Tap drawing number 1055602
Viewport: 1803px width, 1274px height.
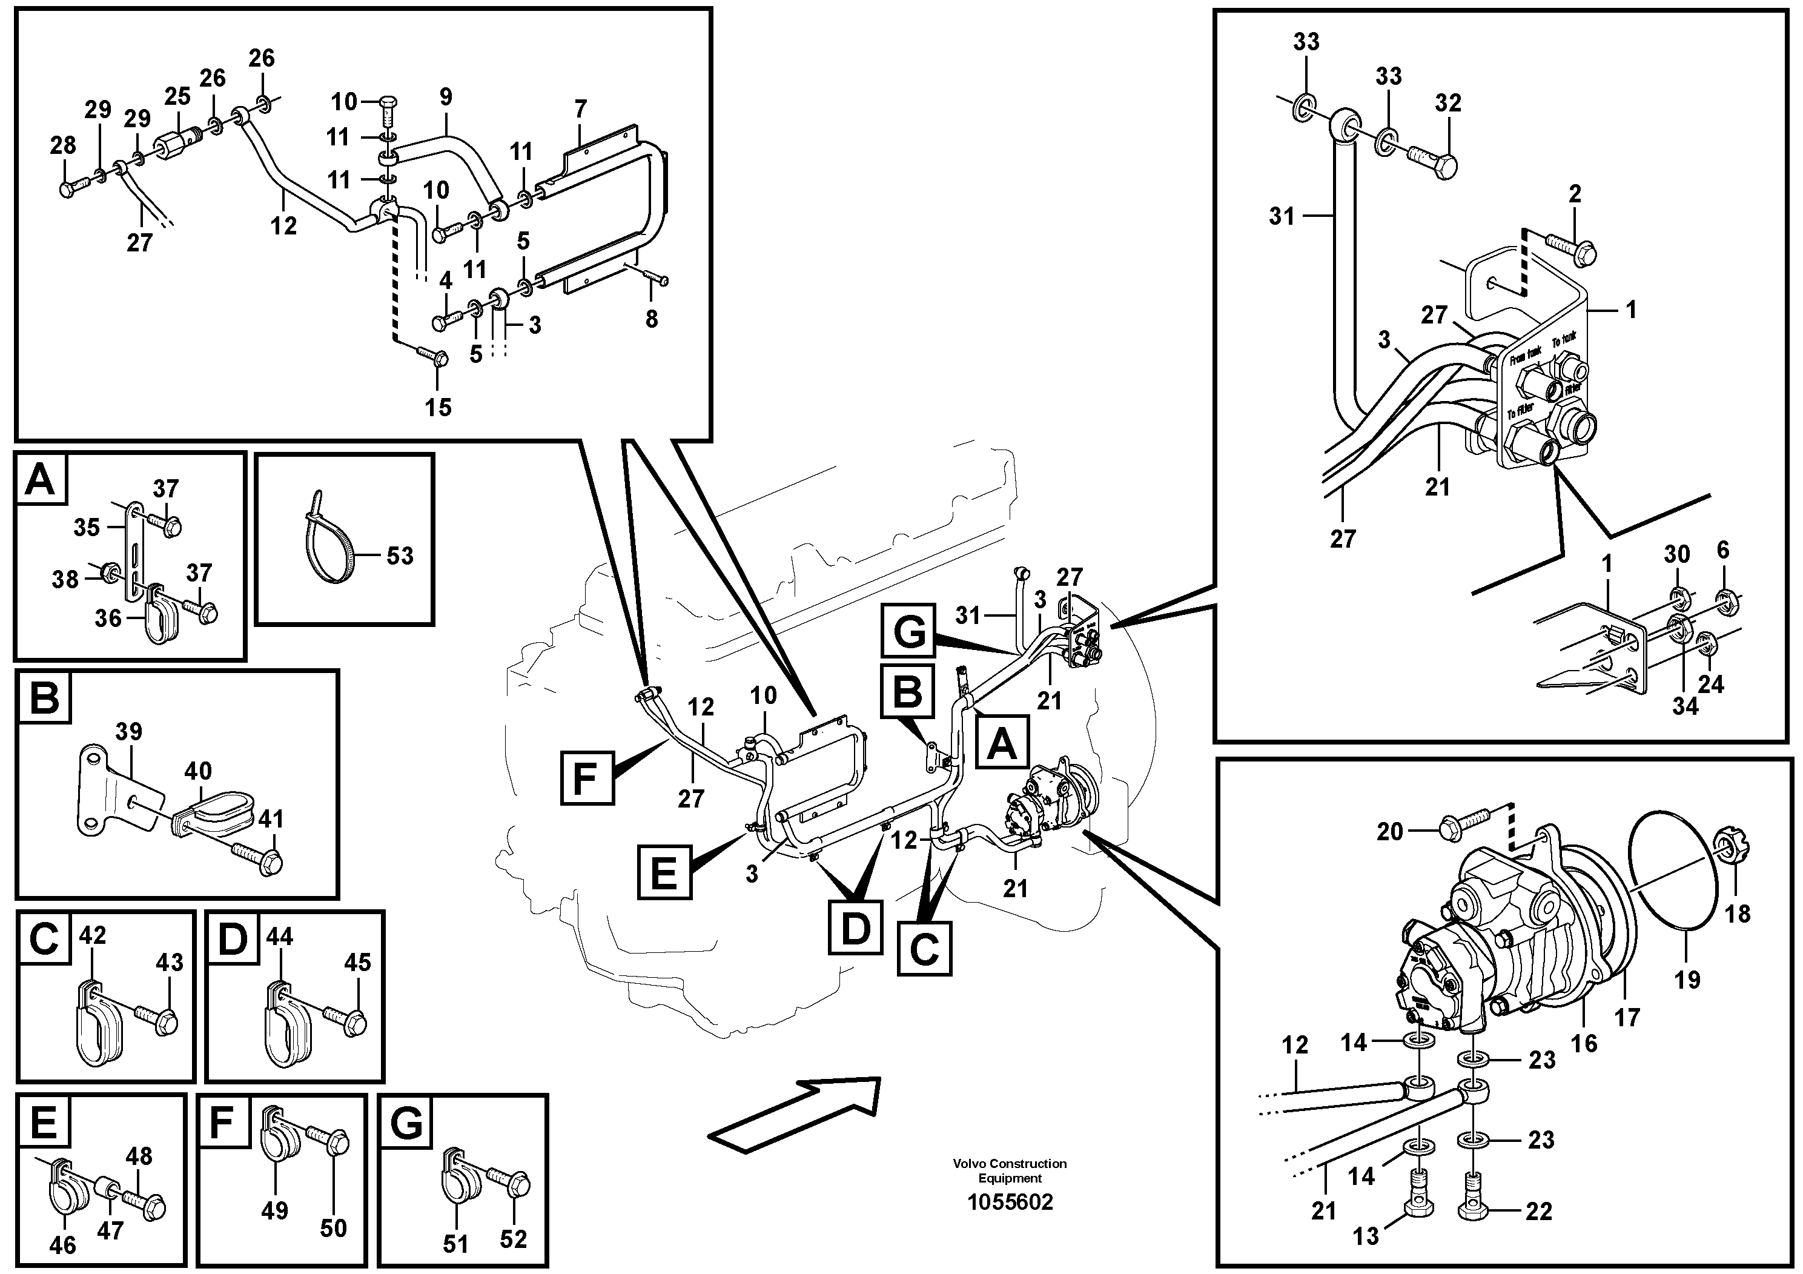click(1010, 1203)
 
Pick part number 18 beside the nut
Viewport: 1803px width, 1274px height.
click(1736, 914)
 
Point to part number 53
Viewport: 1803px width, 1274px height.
click(400, 556)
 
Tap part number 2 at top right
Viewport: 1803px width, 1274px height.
click(1575, 193)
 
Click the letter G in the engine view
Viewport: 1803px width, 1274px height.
click(908, 631)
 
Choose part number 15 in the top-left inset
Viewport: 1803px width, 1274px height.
click(438, 407)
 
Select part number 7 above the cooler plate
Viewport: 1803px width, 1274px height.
click(580, 109)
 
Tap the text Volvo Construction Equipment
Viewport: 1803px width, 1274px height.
click(1010, 1170)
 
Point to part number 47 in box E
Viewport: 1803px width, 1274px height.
click(110, 1231)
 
